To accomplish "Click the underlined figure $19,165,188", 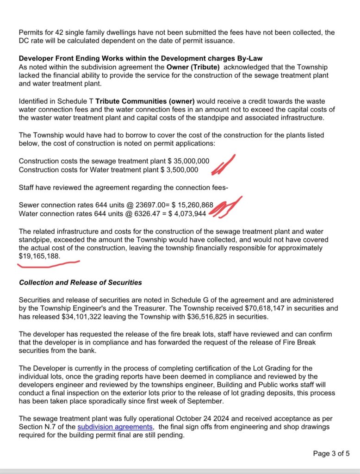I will click(x=39, y=256).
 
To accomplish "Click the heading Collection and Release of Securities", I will click(x=81, y=282).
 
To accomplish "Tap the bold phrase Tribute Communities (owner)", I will click(x=143, y=101).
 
